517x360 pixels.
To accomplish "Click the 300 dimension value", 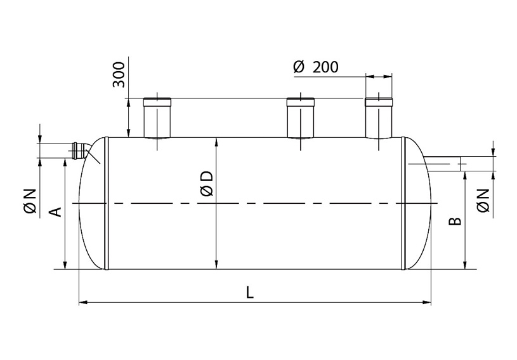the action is [x=119, y=74].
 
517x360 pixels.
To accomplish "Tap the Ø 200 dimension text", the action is [x=315, y=67].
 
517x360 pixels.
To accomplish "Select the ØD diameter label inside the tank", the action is [x=207, y=183].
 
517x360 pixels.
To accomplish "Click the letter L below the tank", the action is [x=251, y=292].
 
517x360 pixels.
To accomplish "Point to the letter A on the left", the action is [x=56, y=212].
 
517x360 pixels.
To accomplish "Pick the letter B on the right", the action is [x=455, y=221].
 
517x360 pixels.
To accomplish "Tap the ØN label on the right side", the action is [x=483, y=200].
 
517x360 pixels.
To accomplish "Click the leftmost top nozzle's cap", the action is [x=157, y=102].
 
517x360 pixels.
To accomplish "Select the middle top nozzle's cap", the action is [x=301, y=102].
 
